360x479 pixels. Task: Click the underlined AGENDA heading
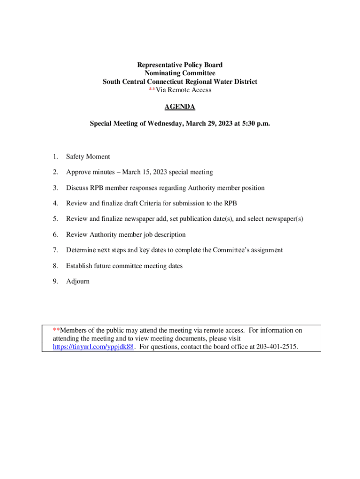[180, 107]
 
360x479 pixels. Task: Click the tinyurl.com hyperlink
[94, 347]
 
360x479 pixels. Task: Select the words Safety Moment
[88, 157]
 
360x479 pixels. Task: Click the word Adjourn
[78, 282]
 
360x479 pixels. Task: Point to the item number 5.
[55, 219]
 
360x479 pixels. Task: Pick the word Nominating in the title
[164, 73]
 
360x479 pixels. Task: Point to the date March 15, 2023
[144, 172]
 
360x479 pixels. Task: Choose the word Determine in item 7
[81, 250]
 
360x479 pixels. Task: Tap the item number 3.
[55, 188]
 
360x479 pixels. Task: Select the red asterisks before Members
[57, 330]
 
